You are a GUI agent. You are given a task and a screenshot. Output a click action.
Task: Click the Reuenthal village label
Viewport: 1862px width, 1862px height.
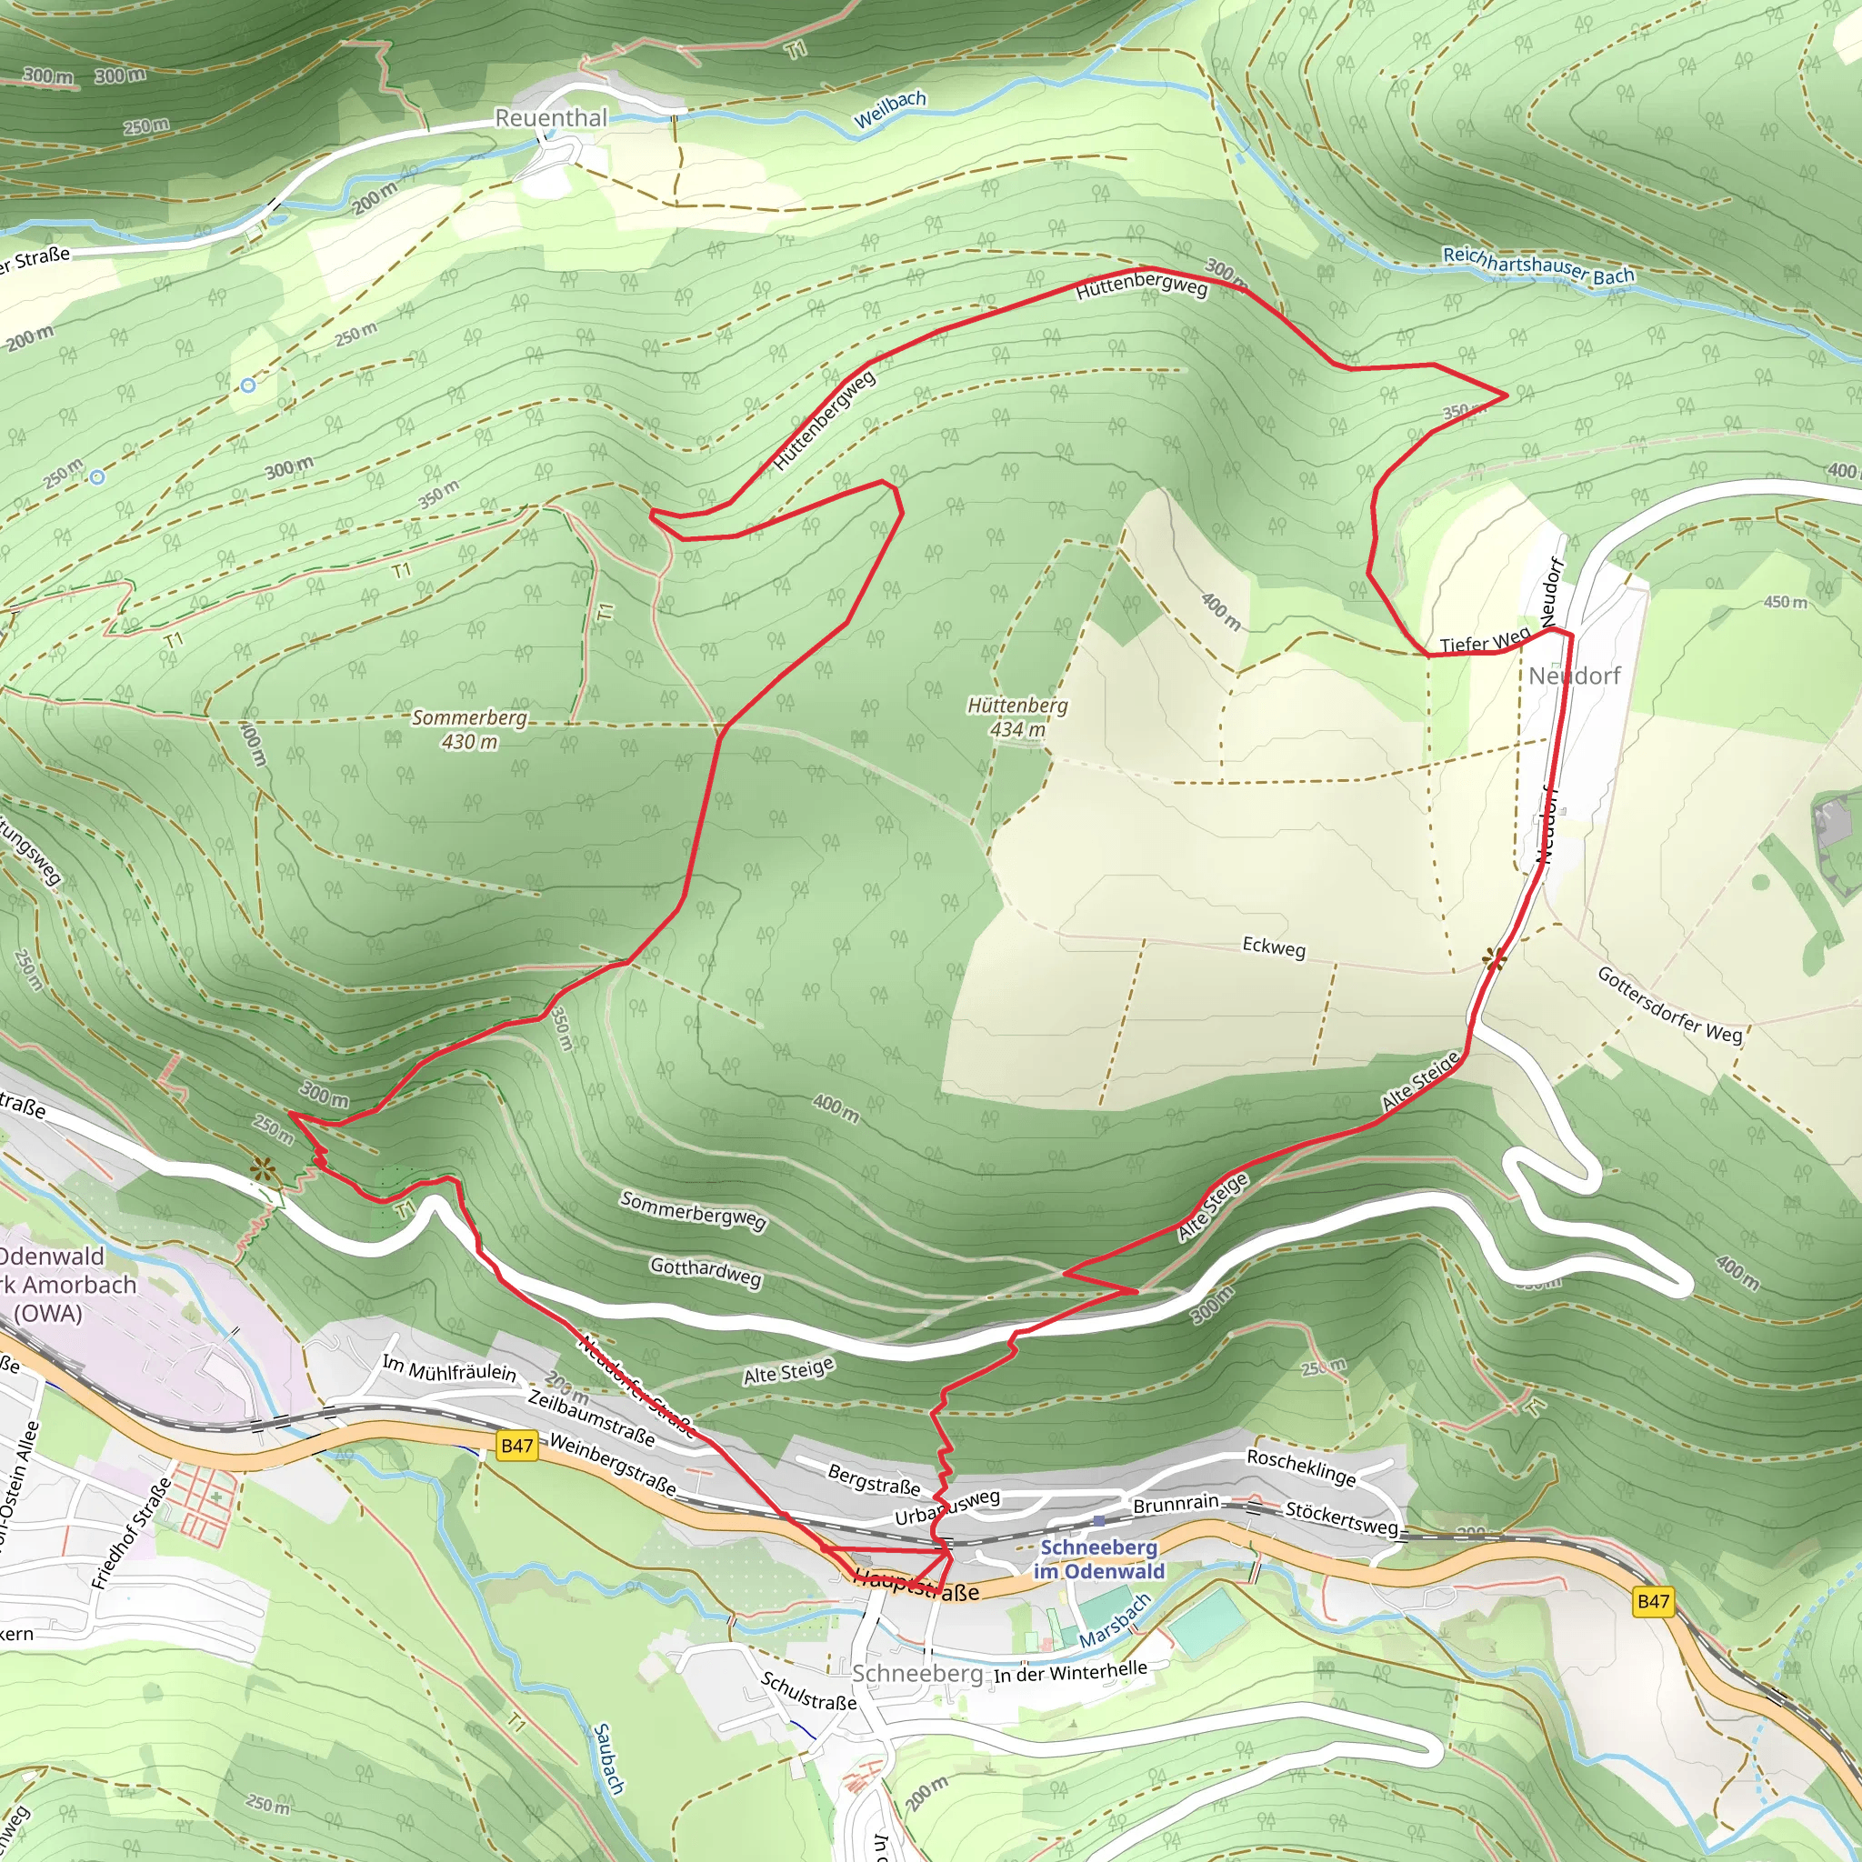pos(551,117)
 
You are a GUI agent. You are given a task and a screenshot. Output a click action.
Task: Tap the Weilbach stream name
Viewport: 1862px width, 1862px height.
pos(889,110)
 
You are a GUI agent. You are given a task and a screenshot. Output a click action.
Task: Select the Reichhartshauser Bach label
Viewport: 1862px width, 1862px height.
pos(1538,266)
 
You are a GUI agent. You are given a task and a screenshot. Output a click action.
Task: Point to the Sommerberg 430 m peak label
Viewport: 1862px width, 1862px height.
pos(469,729)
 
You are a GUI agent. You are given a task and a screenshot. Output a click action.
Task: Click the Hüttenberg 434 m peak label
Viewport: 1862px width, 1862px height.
pos(1017,717)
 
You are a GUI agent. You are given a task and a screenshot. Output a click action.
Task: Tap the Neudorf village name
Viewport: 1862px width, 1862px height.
pos(1575,676)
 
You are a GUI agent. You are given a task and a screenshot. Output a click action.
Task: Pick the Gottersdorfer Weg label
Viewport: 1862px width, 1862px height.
pos(1670,1006)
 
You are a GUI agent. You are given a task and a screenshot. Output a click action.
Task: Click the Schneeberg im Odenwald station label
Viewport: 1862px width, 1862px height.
pos(1098,1558)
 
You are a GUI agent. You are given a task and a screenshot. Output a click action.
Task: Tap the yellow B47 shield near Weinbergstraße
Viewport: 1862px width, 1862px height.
pos(516,1446)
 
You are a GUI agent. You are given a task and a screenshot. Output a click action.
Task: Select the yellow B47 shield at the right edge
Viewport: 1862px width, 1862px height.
pos(1653,1602)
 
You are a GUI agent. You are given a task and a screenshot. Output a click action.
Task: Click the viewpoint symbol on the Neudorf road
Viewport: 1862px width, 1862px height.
pos(1495,958)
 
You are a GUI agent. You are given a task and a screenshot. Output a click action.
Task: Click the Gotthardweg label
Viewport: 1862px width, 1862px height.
pos(706,1271)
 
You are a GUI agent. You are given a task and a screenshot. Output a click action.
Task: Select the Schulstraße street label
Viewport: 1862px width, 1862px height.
pos(807,1691)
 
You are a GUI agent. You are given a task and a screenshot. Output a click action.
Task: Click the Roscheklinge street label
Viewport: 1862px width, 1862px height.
pos(1301,1467)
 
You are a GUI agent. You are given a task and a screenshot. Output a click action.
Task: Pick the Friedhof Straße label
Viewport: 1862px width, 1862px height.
pos(131,1532)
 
